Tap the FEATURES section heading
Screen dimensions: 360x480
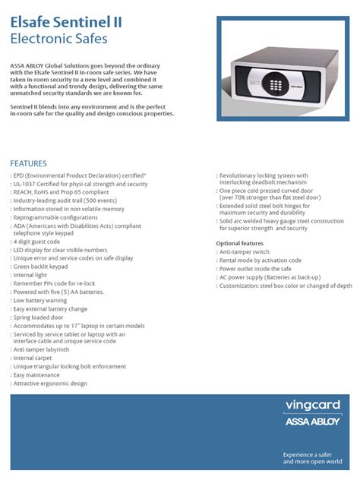(x=28, y=163)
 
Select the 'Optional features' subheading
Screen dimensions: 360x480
(x=245, y=243)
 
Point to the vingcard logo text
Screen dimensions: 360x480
(x=311, y=405)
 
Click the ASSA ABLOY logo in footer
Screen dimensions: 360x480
(x=311, y=421)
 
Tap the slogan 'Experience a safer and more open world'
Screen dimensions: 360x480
(x=311, y=457)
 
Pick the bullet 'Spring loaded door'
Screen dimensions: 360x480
(x=44, y=317)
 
